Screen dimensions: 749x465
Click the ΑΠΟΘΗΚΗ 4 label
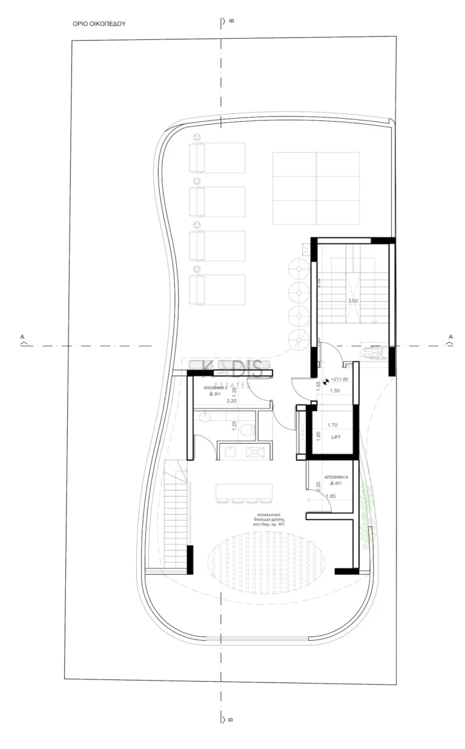[336, 478]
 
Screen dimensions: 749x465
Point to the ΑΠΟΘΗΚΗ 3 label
[216, 386]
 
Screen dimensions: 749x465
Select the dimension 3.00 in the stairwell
[352, 301]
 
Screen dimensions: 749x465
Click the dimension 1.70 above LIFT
[332, 426]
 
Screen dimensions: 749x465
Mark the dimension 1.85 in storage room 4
[331, 497]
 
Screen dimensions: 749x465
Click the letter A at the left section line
[22, 336]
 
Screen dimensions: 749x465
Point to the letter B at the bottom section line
[231, 720]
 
